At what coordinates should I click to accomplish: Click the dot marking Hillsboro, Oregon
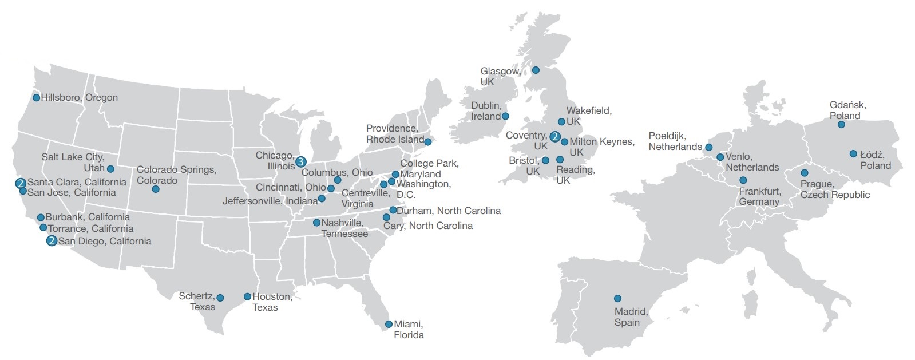tap(36, 97)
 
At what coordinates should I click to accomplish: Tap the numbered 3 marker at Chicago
tap(301, 161)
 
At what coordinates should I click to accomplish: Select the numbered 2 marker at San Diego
tap(52, 241)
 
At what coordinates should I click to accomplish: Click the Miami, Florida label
tap(409, 329)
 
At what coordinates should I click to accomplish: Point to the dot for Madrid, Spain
tap(617, 298)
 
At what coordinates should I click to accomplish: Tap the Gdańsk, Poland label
tap(847, 110)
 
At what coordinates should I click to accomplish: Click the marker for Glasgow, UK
tap(536, 70)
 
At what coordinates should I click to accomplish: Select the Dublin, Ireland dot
tap(505, 116)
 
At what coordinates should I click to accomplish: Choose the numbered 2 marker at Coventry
tap(554, 136)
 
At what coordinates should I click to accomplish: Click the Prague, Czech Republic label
tap(834, 189)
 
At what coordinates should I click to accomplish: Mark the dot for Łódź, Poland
tap(853, 153)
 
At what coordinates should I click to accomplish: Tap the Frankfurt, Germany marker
tap(743, 180)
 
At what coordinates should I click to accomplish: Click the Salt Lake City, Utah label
tap(73, 162)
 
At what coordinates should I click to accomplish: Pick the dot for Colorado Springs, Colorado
tap(155, 189)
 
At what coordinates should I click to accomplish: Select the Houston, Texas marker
tap(247, 296)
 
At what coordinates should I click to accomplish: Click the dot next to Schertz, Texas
tap(220, 298)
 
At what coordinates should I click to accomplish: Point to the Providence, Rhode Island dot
tap(427, 141)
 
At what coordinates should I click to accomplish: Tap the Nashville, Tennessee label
tap(344, 228)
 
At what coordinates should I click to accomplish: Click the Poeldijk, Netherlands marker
tap(709, 147)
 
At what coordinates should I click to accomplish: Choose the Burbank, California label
tap(88, 217)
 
